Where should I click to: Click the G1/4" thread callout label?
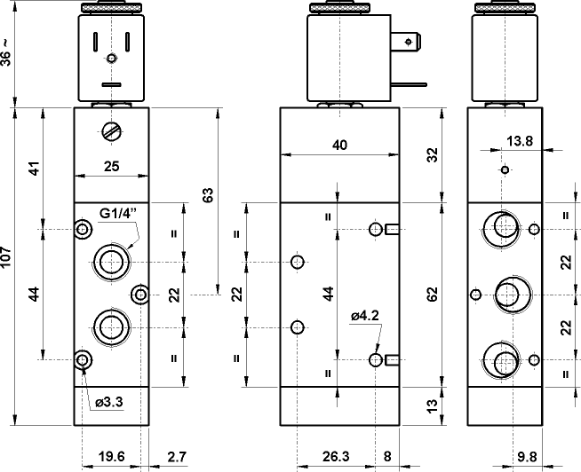pos(118,213)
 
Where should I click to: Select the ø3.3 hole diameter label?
pos(108,402)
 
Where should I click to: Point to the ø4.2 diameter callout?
pos(365,316)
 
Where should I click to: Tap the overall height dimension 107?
pos(6,256)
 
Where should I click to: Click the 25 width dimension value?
pos(112,166)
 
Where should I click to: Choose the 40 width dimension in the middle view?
pos(339,145)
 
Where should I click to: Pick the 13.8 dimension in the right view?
pos(520,141)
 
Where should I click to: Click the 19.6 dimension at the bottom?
pos(111,456)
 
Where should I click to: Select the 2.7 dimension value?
pos(177,456)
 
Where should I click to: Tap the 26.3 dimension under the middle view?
pos(336,456)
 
